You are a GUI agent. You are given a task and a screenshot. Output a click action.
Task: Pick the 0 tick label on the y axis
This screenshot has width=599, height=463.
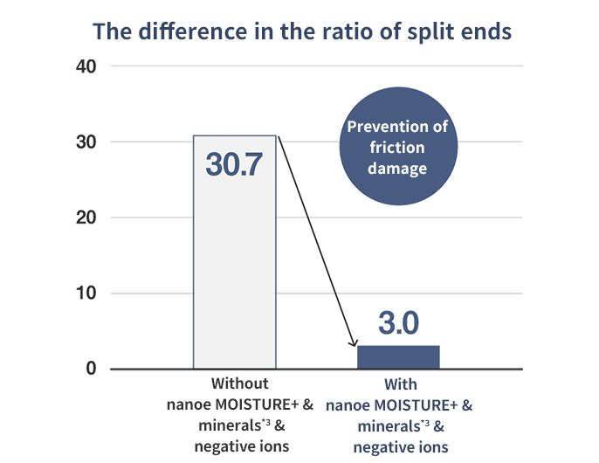90,369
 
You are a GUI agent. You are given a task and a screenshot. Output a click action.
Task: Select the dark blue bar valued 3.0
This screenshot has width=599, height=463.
397,356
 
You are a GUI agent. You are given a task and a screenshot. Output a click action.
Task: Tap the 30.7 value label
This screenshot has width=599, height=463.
234,164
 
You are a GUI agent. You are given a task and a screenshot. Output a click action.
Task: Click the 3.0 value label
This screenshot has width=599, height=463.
398,323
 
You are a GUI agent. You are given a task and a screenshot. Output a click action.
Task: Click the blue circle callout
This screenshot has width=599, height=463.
397,147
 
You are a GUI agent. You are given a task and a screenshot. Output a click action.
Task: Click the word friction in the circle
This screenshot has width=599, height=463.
397,147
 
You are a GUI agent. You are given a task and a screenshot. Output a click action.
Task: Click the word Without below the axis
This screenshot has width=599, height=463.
239,384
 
